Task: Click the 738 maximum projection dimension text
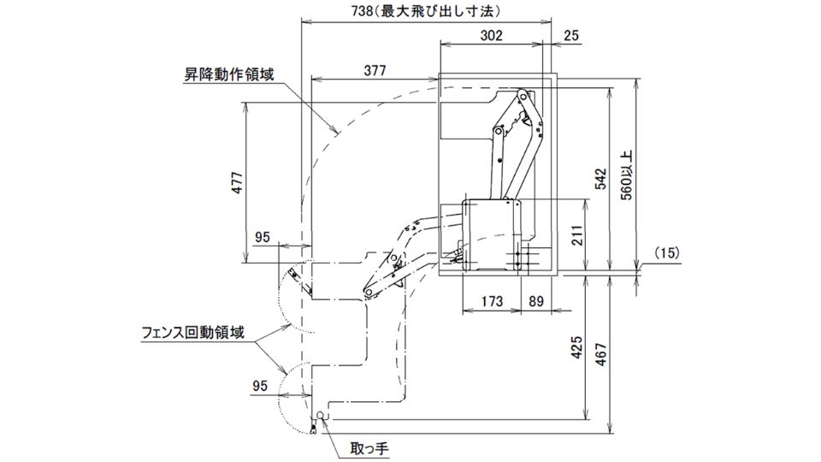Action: click(425, 11)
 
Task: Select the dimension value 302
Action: click(490, 35)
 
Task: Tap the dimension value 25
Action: click(572, 35)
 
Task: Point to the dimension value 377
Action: click(375, 70)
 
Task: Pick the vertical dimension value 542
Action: click(600, 177)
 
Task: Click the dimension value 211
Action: click(577, 233)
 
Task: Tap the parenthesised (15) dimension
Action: click(666, 253)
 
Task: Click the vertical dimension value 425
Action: click(577, 347)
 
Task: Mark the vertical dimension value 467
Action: click(600, 354)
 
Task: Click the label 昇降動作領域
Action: click(229, 74)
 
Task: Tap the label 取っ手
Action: click(370, 447)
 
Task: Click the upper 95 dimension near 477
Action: click(263, 236)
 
